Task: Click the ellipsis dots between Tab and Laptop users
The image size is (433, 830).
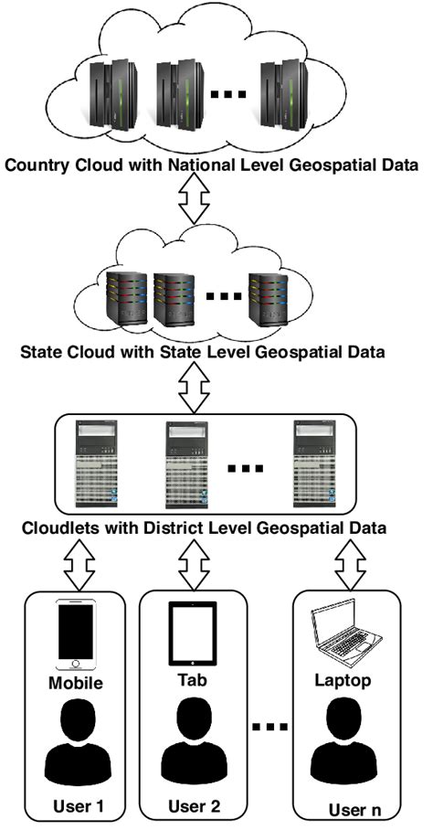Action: (x=270, y=729)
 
